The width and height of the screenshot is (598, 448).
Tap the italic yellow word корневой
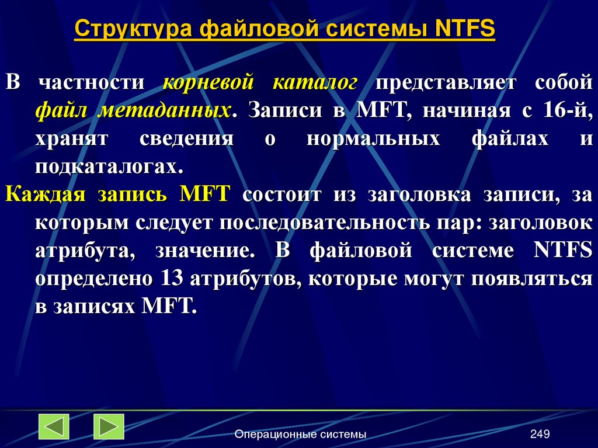point(208,83)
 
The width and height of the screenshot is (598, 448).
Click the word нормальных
point(373,139)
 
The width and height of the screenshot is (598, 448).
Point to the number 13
point(169,278)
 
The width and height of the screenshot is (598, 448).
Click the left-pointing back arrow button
point(54,426)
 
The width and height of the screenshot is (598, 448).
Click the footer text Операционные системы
point(300,434)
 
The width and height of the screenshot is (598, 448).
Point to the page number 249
point(540,434)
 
